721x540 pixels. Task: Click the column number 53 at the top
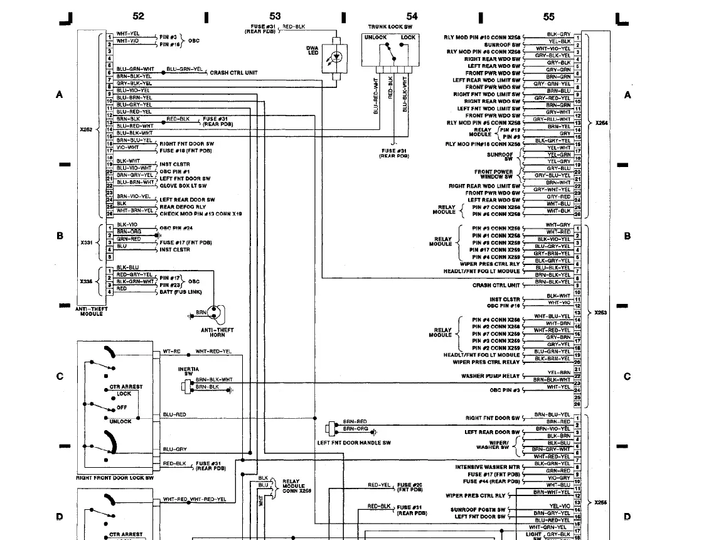click(275, 16)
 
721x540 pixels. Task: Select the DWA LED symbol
click(338, 57)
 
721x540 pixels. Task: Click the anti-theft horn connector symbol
click(216, 312)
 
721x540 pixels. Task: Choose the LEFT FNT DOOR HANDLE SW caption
click(354, 443)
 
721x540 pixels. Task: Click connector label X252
click(86, 129)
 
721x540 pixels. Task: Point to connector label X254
click(601, 123)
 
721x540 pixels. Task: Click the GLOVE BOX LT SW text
click(183, 186)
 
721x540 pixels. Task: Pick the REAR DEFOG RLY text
click(183, 207)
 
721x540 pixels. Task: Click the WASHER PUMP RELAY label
click(490, 376)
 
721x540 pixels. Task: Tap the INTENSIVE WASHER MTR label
click(488, 467)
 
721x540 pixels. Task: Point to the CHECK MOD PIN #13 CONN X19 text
click(201, 213)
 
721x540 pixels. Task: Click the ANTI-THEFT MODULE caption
click(92, 311)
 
